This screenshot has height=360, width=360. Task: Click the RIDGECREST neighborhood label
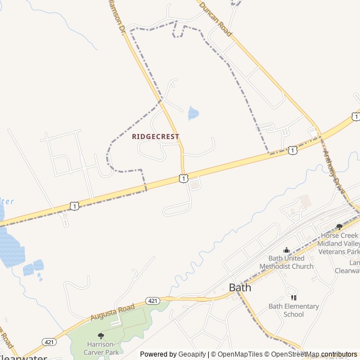[x=155, y=137]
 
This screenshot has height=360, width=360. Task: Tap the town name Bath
[x=240, y=287]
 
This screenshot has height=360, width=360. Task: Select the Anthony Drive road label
[x=334, y=166]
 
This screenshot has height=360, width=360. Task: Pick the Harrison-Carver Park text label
[x=101, y=348]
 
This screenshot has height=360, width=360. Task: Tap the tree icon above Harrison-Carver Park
[x=101, y=336]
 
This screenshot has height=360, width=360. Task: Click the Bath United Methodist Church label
[x=286, y=262]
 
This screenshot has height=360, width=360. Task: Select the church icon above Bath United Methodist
[x=286, y=250]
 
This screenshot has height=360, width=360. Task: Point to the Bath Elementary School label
[x=294, y=310]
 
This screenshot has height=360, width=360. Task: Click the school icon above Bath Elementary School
[x=293, y=298]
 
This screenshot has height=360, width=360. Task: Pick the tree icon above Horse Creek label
[x=339, y=227]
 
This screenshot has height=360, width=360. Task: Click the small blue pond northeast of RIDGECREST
[x=193, y=114]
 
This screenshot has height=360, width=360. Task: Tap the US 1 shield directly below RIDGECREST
[x=183, y=178]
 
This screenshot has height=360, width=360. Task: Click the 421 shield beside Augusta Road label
[x=152, y=301]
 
